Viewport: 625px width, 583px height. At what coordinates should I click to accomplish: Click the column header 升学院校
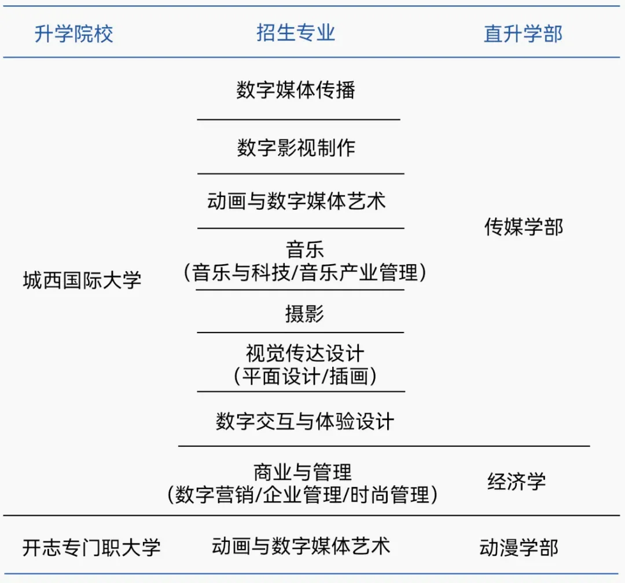(74, 34)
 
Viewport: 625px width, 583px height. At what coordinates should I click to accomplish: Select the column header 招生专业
(296, 32)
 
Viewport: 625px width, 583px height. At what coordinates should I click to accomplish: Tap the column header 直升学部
(523, 34)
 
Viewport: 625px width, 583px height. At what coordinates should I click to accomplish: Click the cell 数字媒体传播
(296, 90)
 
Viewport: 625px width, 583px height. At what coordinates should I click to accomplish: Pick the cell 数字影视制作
(296, 147)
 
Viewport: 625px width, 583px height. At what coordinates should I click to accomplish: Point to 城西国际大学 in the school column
(82, 281)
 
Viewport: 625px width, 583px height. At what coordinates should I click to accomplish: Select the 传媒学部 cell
(523, 227)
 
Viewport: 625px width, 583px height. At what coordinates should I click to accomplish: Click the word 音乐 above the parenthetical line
(304, 250)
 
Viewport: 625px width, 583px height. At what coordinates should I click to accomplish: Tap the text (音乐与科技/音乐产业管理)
(304, 272)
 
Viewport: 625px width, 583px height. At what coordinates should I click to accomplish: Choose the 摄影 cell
(304, 314)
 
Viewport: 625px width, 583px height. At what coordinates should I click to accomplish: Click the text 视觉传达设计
(304, 353)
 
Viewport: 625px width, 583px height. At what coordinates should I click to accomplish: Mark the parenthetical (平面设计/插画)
(304, 376)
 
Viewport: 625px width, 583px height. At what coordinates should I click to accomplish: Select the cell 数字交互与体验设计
(304, 421)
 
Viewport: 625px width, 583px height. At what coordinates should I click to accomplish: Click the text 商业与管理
(302, 472)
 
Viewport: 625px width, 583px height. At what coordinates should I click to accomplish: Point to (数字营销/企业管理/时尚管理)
(302, 494)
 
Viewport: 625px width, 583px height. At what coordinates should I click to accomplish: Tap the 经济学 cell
(516, 481)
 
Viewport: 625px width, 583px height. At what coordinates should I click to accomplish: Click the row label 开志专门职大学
(91, 548)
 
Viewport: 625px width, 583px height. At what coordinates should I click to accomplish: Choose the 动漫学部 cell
(519, 548)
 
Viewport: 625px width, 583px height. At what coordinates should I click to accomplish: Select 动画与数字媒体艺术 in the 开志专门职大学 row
(301, 545)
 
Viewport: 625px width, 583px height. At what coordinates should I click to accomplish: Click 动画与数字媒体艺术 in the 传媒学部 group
(296, 202)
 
